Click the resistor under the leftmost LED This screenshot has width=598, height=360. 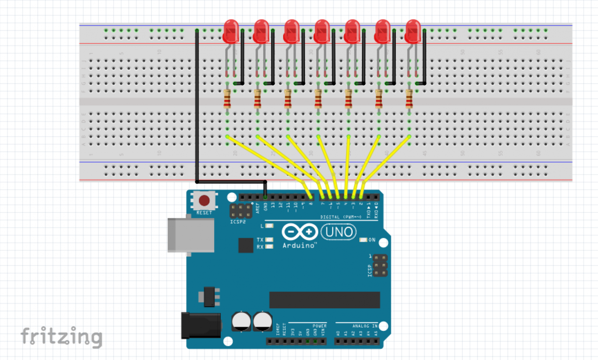(x=227, y=98)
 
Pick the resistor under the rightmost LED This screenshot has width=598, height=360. (x=409, y=98)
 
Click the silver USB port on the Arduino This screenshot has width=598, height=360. (x=190, y=235)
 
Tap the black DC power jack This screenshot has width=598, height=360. (x=201, y=325)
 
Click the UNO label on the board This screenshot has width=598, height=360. (x=339, y=232)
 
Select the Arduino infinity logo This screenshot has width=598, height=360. (x=300, y=232)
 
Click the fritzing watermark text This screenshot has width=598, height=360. (x=62, y=337)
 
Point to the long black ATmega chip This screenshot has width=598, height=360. (x=324, y=300)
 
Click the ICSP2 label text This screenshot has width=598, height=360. (x=237, y=222)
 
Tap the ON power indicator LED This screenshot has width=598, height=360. (x=363, y=240)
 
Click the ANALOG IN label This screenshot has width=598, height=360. (x=364, y=326)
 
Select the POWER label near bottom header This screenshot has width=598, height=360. (x=319, y=326)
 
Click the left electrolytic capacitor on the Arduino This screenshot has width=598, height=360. (x=241, y=321)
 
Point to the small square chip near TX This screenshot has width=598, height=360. (x=246, y=245)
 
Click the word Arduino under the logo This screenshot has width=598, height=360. (x=298, y=246)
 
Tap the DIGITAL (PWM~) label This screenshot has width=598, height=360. (x=341, y=217)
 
